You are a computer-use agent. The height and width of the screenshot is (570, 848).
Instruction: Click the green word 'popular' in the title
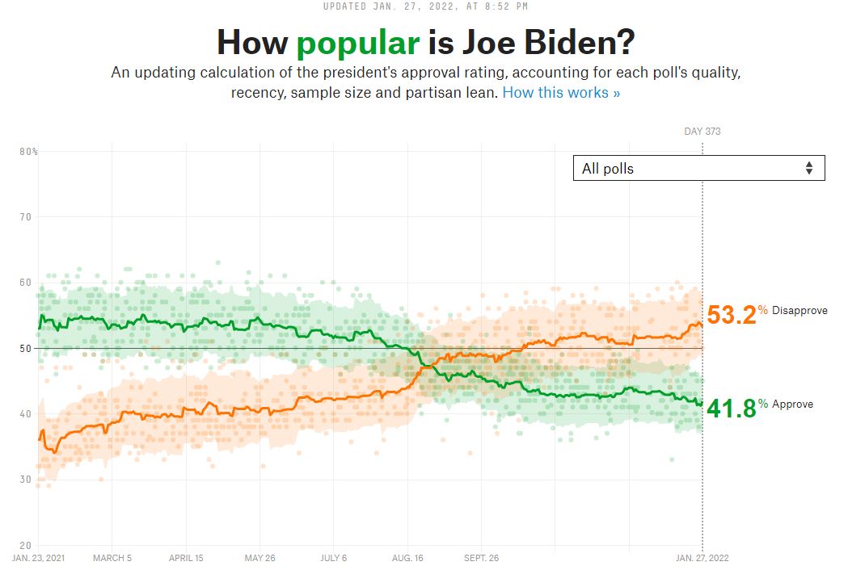tap(358, 42)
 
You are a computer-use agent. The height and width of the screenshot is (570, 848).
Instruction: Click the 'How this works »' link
tap(561, 92)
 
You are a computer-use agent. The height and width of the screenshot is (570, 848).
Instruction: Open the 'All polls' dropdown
tap(698, 168)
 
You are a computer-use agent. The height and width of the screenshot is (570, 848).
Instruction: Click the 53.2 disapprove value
tap(732, 315)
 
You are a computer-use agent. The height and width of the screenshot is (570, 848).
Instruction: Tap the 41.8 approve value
tap(732, 409)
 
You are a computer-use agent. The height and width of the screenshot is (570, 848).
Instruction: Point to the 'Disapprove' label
tap(799, 311)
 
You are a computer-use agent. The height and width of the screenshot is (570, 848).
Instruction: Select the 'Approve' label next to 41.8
tap(792, 404)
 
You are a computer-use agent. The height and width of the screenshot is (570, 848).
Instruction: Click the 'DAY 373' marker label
tap(702, 131)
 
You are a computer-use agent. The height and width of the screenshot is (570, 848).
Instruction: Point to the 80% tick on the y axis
tap(29, 152)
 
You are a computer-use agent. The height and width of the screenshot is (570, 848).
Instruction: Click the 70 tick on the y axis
tap(26, 217)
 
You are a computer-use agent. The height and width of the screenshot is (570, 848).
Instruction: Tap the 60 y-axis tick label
tap(26, 283)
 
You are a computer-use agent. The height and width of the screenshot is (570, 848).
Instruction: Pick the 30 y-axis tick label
tap(26, 480)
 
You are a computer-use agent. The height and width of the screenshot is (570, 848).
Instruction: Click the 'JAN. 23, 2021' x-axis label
tap(38, 558)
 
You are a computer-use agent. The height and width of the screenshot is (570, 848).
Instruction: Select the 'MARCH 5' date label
tap(113, 558)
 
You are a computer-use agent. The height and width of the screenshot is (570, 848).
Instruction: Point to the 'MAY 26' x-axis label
tap(259, 558)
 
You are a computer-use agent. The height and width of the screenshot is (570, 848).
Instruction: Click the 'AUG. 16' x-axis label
tap(407, 558)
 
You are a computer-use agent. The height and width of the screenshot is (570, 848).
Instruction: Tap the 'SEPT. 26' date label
tap(482, 558)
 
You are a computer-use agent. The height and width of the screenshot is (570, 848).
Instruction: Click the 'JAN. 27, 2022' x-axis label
tap(701, 558)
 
